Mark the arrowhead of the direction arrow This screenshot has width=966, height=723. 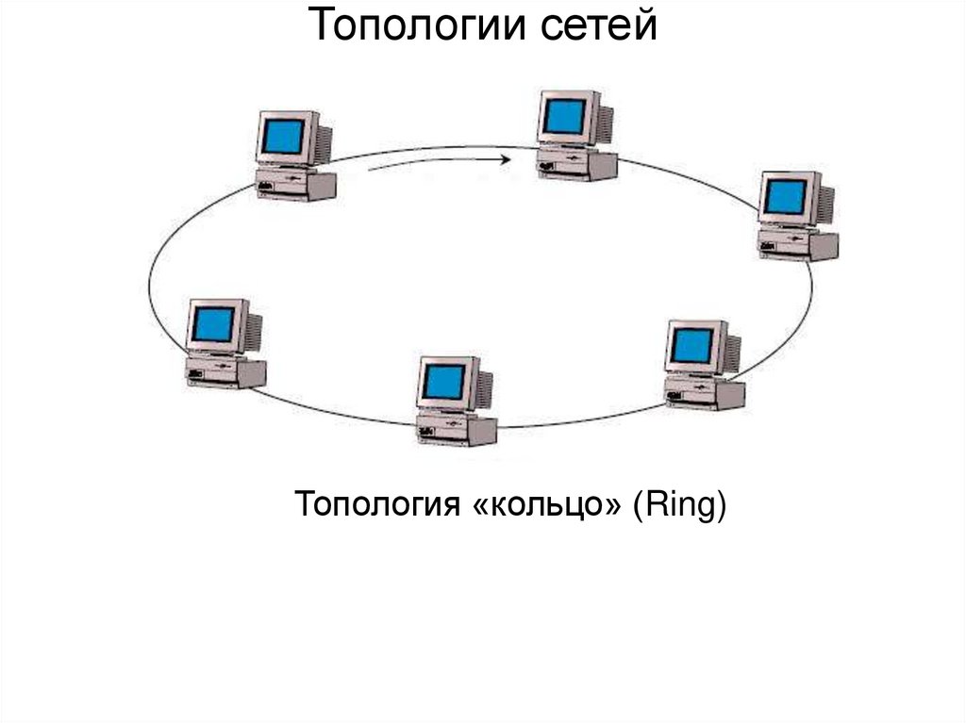pos(507,159)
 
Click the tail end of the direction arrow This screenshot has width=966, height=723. pos(370,171)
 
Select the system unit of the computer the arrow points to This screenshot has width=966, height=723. pos(577,165)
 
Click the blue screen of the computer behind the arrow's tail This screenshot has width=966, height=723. pos(284,137)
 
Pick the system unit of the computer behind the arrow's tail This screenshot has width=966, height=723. pos(296,185)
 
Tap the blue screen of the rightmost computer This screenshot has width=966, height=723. pos(786,196)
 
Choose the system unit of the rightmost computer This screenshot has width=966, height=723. pos(798,245)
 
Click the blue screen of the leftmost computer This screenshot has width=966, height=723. pos(213,324)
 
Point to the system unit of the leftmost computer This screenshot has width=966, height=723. pos(225,372)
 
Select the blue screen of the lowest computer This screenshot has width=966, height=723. pos(443,382)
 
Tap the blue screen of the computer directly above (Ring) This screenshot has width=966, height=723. pos(692,346)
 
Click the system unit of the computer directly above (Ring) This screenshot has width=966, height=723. pos(705,394)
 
